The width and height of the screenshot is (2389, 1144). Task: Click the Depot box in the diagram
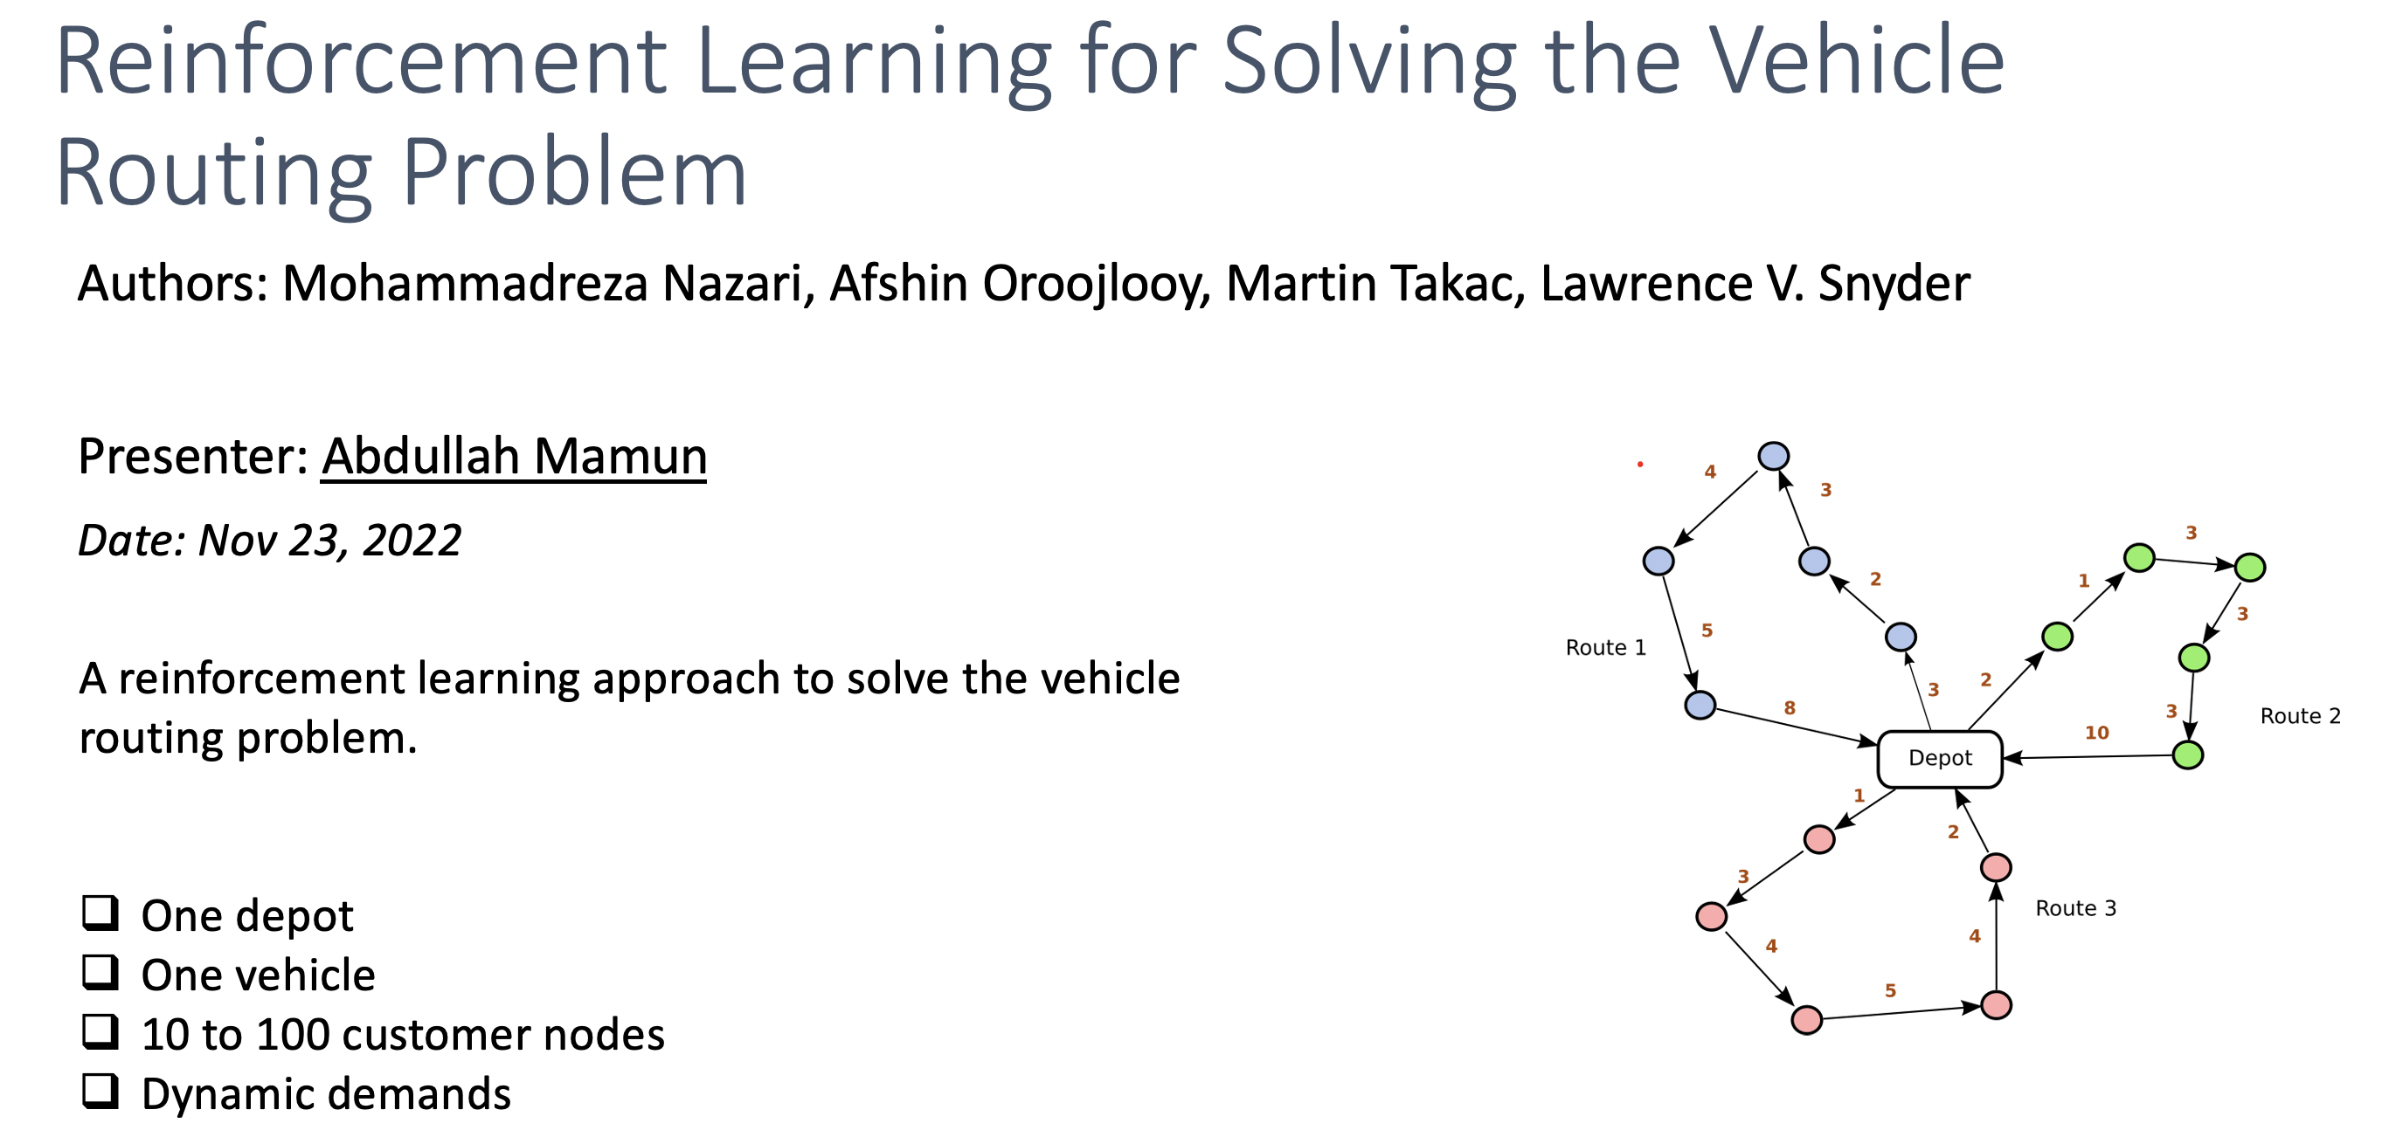click(x=1939, y=758)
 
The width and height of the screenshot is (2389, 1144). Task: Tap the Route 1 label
click(x=1604, y=647)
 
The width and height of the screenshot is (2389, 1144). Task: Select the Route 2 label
click(x=2299, y=716)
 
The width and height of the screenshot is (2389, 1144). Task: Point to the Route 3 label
click(x=2074, y=907)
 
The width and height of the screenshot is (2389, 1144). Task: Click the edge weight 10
click(x=2096, y=733)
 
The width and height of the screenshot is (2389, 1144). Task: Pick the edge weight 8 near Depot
click(x=1789, y=707)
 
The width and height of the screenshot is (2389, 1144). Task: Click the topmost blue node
click(x=1772, y=455)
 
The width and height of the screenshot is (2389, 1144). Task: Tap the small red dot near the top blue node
click(x=1639, y=464)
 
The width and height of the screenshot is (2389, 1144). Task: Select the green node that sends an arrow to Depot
click(x=2187, y=755)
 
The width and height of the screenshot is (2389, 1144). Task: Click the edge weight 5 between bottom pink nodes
click(x=1889, y=990)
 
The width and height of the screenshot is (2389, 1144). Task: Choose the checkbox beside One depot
click(x=100, y=913)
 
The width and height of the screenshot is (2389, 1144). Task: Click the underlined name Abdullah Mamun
click(x=514, y=456)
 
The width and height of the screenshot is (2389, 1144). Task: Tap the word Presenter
click(x=191, y=456)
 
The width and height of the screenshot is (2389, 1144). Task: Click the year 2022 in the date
click(x=411, y=540)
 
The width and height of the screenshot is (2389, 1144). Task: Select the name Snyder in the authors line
click(x=1893, y=283)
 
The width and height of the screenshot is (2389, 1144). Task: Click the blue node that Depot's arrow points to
click(x=1900, y=637)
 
